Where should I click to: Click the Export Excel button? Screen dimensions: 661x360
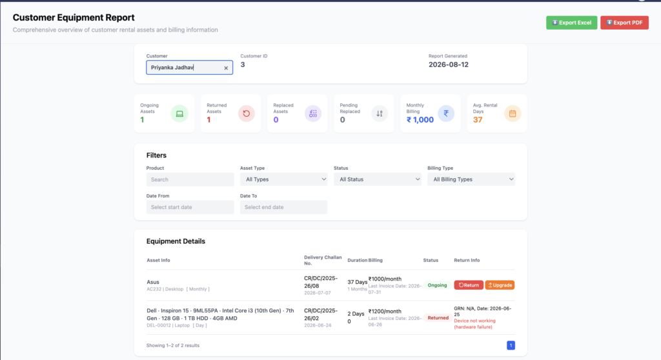(x=571, y=23)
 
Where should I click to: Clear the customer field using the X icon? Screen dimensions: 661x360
(x=226, y=68)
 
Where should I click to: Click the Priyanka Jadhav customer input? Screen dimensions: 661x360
(x=189, y=68)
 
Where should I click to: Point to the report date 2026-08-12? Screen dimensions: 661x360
(x=449, y=65)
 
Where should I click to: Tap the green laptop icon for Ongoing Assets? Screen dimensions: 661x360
(x=179, y=114)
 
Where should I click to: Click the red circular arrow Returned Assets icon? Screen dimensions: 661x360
(x=246, y=114)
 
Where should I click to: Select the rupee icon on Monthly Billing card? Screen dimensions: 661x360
(x=446, y=114)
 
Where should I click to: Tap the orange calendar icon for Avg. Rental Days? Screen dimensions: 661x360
(x=513, y=114)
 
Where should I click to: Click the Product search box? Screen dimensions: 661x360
(x=190, y=179)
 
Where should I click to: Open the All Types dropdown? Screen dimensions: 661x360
(x=284, y=179)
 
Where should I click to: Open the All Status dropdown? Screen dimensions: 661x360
(x=377, y=179)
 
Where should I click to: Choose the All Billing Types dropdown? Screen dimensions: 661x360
(x=471, y=179)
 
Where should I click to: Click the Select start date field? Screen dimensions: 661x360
(x=190, y=207)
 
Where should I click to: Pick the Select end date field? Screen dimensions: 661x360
(x=284, y=207)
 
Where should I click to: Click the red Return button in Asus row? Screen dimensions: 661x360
(x=469, y=285)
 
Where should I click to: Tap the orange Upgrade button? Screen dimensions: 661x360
(x=500, y=285)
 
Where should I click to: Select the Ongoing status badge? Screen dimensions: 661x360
(x=437, y=285)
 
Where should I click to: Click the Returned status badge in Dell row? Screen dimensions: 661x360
(x=438, y=318)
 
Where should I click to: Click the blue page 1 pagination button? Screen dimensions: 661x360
(x=511, y=345)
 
